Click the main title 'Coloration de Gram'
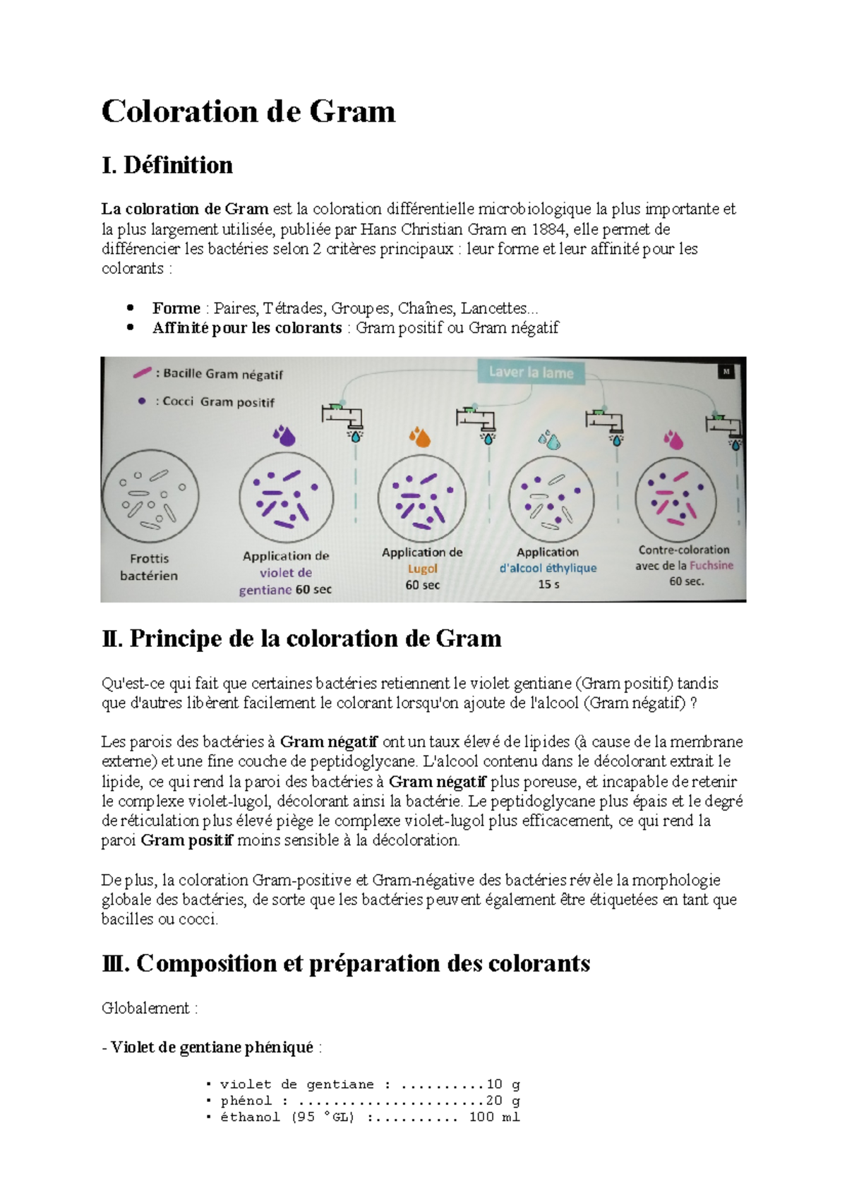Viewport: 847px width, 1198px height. pyautogui.click(x=248, y=111)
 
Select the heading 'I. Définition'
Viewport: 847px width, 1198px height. pyautogui.click(x=167, y=165)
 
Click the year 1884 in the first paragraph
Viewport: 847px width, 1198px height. pyautogui.click(x=550, y=229)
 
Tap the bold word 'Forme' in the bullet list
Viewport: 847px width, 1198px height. pyautogui.click(x=176, y=308)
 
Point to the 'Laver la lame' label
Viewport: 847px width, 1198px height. pyautogui.click(x=531, y=373)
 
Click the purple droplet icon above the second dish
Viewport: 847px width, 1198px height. pyautogui.click(x=285, y=435)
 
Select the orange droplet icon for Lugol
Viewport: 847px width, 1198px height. pyautogui.click(x=420, y=437)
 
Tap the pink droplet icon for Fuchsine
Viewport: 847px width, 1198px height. pyautogui.click(x=674, y=440)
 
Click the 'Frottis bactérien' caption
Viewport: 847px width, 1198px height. pyautogui.click(x=149, y=567)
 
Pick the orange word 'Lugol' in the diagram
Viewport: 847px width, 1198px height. pyautogui.click(x=422, y=569)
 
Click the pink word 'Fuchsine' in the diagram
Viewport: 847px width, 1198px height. pyautogui.click(x=711, y=565)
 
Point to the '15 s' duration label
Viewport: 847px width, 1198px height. pyautogui.click(x=548, y=584)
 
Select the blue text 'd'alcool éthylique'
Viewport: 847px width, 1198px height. pyautogui.click(x=548, y=568)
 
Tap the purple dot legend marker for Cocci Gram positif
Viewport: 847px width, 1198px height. pyautogui.click(x=142, y=401)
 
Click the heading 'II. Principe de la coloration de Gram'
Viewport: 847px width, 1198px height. pyautogui.click(x=301, y=639)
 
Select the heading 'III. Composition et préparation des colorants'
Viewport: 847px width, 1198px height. pyautogui.click(x=346, y=963)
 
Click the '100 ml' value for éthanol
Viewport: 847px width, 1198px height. pyautogui.click(x=494, y=1117)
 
